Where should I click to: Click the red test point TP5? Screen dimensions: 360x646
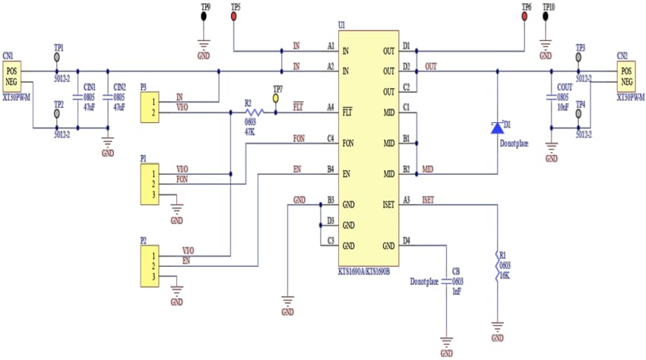pos(233,16)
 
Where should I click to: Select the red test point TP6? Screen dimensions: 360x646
pos(526,16)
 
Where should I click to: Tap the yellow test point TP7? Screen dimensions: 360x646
pos(277,98)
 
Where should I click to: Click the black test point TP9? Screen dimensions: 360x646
pos(204,16)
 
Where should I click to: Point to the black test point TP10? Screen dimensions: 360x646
pos(546,16)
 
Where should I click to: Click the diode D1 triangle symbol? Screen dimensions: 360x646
pos(497,127)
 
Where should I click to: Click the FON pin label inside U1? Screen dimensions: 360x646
pos(349,142)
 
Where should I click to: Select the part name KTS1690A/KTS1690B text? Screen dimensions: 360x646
pos(364,271)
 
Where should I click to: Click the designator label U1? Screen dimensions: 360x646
pos(342,25)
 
